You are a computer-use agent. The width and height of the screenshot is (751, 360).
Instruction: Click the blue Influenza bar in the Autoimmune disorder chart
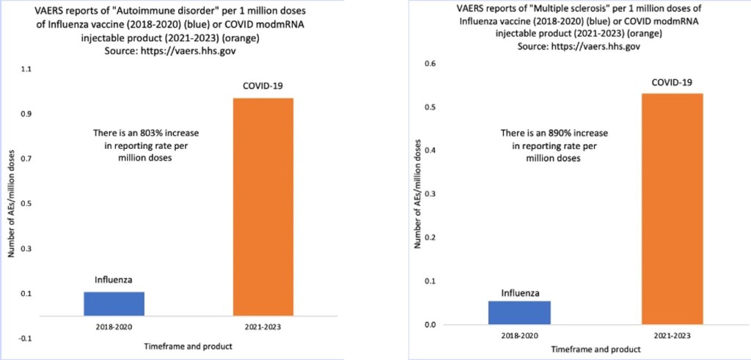coord(114,303)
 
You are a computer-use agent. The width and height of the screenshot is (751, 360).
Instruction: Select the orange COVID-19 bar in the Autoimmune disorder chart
coord(263,205)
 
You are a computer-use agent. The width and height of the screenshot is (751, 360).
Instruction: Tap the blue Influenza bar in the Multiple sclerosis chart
coord(520,312)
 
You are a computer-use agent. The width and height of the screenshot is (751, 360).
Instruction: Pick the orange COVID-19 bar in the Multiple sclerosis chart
coord(672,208)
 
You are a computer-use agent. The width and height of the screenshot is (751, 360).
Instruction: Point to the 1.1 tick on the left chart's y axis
coord(27,69)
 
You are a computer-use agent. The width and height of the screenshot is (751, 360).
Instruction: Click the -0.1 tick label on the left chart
coord(26,339)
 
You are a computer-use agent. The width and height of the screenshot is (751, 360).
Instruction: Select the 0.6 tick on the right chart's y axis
coord(430,64)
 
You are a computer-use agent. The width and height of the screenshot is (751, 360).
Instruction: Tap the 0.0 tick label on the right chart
coord(430,325)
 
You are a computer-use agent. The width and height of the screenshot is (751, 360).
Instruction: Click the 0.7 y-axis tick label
coord(27,158)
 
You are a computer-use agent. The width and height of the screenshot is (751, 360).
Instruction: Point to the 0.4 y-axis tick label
coord(430,151)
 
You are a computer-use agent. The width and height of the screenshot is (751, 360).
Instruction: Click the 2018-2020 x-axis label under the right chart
coord(520,335)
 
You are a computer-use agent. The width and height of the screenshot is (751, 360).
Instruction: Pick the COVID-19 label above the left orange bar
coord(263,87)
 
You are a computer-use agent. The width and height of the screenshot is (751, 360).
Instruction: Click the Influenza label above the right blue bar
coord(520,294)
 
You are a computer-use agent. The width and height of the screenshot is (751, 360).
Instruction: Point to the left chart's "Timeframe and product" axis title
coord(188,345)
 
